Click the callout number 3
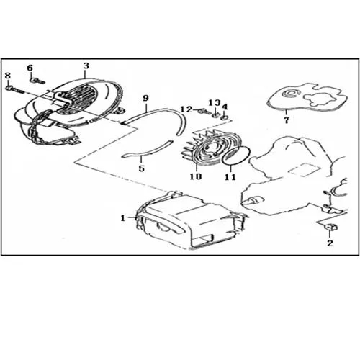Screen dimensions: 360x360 [86, 66]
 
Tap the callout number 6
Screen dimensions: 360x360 [30, 68]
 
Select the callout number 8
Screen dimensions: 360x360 [8, 76]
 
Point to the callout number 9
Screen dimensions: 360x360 [145, 98]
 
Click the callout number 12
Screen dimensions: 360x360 [186, 109]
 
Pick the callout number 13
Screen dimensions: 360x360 [215, 103]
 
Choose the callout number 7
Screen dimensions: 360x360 [287, 120]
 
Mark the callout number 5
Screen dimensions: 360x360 [142, 168]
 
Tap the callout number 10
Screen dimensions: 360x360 [196, 176]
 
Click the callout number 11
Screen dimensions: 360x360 [230, 177]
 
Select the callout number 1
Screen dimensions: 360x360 [123, 218]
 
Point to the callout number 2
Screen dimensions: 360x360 [330, 243]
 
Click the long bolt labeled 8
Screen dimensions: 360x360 [14, 90]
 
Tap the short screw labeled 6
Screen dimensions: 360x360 [37, 81]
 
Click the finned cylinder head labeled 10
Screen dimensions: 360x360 [207, 148]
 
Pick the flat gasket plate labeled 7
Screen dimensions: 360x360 [307, 98]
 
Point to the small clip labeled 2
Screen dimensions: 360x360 [330, 227]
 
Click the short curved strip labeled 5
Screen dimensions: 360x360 [148, 150]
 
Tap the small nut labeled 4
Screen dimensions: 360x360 [225, 117]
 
